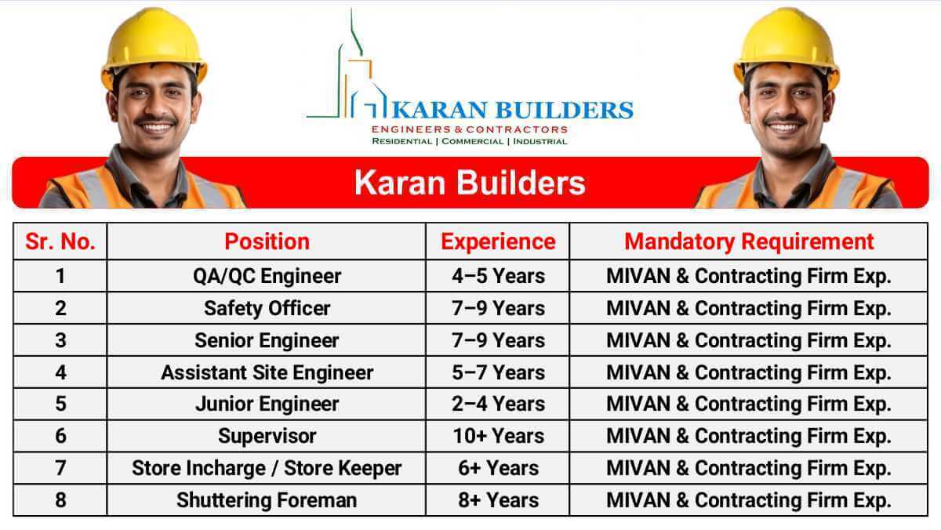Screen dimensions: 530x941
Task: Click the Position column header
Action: pos(267,241)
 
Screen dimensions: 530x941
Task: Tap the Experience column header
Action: pos(498,241)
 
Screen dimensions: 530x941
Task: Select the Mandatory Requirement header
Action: pos(749,241)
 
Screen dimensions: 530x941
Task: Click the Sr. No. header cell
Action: pos(60,241)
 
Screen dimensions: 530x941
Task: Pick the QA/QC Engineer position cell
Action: pos(267,276)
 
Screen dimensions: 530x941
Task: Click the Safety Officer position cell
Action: pos(267,308)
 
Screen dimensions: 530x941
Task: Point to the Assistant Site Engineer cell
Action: pos(267,372)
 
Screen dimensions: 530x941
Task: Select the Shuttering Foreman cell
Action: pos(267,500)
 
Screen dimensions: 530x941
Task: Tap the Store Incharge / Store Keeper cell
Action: pos(267,468)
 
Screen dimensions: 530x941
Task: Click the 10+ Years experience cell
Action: pos(498,436)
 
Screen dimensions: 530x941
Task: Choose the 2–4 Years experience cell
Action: pos(498,404)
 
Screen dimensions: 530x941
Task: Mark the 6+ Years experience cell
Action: pos(498,468)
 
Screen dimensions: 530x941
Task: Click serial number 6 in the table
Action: pos(60,436)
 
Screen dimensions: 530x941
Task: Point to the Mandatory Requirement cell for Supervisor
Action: pos(749,436)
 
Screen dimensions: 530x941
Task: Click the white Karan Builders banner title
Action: pos(470,183)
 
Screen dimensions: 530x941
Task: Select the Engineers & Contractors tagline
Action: pos(469,129)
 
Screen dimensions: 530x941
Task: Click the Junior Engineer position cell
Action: pos(267,404)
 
